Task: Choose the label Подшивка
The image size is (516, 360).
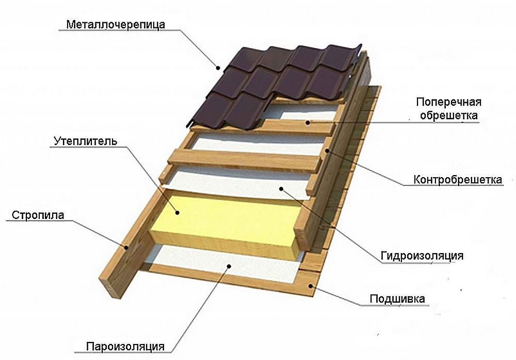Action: click(x=397, y=299)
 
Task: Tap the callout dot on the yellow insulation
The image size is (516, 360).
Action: click(x=175, y=211)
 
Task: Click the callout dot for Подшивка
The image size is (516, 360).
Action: click(x=310, y=285)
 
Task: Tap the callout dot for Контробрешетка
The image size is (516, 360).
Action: click(x=327, y=150)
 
